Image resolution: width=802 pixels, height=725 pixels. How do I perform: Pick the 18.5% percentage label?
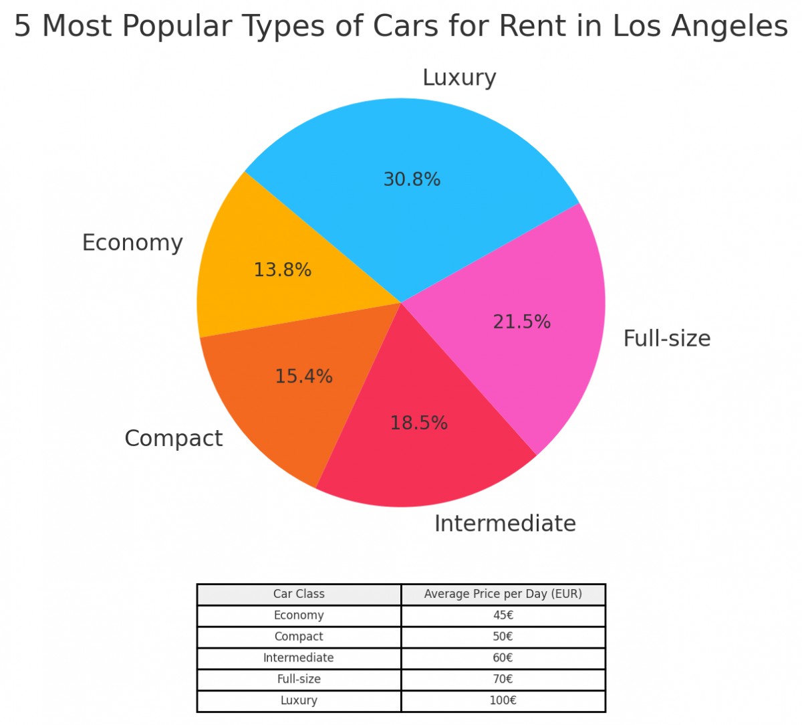click(419, 423)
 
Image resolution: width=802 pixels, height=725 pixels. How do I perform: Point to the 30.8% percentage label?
click(412, 180)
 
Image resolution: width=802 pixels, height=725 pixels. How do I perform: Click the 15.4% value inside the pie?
click(304, 377)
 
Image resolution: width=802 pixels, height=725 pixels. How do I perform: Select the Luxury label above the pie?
click(459, 78)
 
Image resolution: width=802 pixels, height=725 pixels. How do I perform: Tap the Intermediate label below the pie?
click(505, 523)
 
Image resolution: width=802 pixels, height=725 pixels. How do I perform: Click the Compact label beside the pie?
click(173, 439)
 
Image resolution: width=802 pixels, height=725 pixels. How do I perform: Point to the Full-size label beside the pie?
click(666, 338)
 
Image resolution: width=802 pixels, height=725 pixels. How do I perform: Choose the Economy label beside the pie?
click(132, 243)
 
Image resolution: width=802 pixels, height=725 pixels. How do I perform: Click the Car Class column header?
click(299, 594)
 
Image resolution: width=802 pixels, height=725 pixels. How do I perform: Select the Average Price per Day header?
click(503, 594)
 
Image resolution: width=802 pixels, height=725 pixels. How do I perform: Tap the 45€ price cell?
click(503, 615)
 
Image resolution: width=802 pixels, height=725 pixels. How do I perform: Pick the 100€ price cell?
click(503, 700)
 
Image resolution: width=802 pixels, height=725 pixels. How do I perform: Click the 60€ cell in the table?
click(503, 657)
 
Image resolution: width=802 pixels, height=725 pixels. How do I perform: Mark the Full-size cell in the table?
click(299, 679)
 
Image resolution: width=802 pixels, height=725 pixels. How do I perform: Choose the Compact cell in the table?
click(299, 637)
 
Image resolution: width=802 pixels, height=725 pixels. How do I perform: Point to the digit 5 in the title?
click(22, 27)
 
